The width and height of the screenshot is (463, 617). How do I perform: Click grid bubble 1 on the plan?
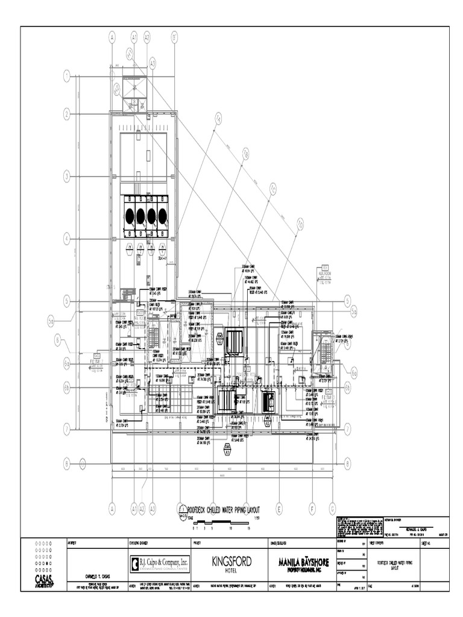click(66, 76)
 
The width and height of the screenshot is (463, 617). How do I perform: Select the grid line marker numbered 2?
click(66, 114)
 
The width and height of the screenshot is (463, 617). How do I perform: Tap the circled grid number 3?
click(66, 177)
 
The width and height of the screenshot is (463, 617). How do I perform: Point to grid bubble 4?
click(66, 237)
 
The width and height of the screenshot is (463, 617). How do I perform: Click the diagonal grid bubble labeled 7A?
click(218, 119)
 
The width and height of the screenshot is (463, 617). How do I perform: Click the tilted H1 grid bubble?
click(129, 53)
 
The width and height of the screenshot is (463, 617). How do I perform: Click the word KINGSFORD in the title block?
click(231, 561)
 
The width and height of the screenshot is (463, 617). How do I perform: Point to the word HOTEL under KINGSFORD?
click(231, 570)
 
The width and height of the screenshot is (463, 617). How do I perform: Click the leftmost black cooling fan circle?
click(130, 216)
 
